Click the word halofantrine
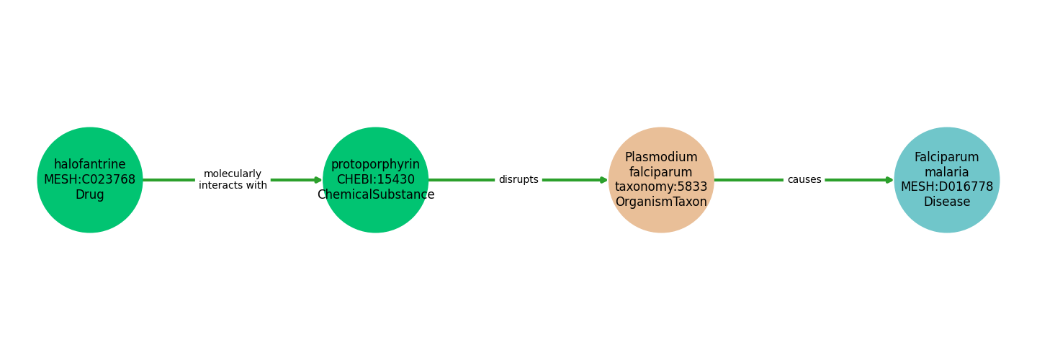[90, 165]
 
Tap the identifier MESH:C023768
[90, 180]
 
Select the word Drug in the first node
[90, 195]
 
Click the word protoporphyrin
[375, 165]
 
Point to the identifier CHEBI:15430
[375, 180]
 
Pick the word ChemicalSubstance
[375, 195]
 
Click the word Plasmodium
[661, 158]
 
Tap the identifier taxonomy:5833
[661, 187]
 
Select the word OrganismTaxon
[661, 202]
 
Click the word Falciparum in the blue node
[946, 158]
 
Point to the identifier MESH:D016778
[946, 187]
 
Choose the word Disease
[946, 202]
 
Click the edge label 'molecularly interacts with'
[233, 180]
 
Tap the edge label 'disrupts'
[518, 180]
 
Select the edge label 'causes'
[804, 180]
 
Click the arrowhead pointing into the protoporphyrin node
[318, 180]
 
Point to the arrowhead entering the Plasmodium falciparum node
[604, 180]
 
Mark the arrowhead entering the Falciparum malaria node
[889, 180]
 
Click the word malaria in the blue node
[946, 173]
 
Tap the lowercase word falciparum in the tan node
[661, 173]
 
